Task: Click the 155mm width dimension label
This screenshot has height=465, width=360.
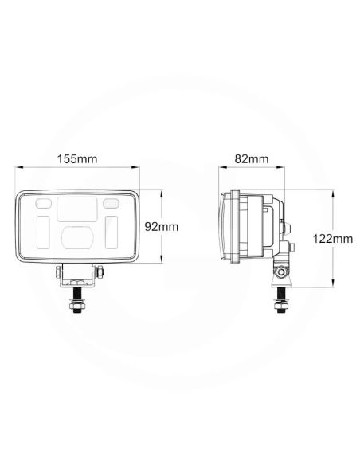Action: tap(79, 159)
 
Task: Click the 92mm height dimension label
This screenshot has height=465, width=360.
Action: tap(162, 226)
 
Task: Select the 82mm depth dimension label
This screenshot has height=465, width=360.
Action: tap(252, 159)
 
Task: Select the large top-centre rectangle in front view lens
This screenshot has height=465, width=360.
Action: tap(77, 209)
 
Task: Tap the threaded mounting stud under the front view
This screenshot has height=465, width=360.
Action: tap(78, 303)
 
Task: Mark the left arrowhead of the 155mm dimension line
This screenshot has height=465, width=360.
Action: tap(18, 168)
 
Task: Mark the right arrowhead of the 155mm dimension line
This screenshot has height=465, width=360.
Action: tap(139, 168)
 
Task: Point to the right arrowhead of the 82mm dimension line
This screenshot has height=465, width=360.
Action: tap(288, 168)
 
